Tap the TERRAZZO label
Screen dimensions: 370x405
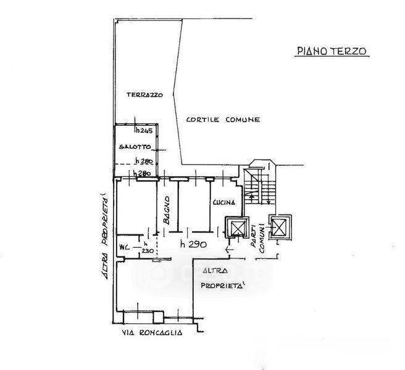coord(144,95)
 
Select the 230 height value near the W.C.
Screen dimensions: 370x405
coord(147,250)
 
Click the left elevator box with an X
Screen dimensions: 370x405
coord(238,228)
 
